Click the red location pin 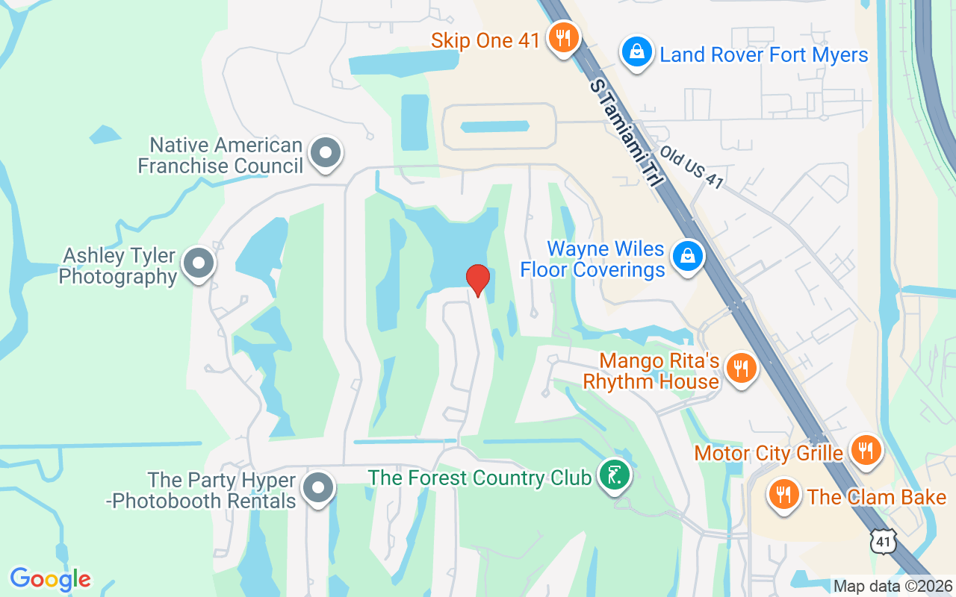click(x=478, y=279)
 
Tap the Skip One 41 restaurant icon click(x=561, y=37)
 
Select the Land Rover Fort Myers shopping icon click(x=636, y=52)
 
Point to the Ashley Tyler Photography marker click(x=199, y=263)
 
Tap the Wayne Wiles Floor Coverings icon click(x=688, y=255)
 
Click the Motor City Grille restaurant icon click(x=866, y=450)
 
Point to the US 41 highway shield click(x=884, y=540)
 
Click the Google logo click(x=51, y=578)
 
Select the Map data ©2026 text click(x=893, y=586)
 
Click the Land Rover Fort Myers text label click(x=764, y=54)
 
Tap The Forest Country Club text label click(x=479, y=478)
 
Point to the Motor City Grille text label click(x=769, y=453)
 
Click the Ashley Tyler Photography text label click(x=118, y=266)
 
